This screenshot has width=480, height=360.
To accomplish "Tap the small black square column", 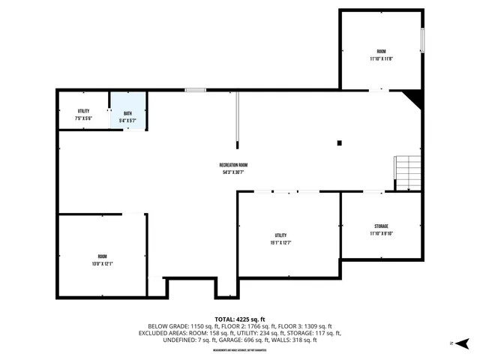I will click(x=340, y=142).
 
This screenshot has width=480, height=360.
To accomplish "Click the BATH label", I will click(x=127, y=113).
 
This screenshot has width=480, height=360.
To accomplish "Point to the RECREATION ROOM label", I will click(x=233, y=165).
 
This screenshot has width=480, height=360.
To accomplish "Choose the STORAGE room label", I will click(x=381, y=226).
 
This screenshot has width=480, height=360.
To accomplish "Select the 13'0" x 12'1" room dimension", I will click(x=102, y=263).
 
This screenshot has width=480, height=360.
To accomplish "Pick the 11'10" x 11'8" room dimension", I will click(x=381, y=58).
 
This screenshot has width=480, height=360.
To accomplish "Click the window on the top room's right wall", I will click(x=422, y=40).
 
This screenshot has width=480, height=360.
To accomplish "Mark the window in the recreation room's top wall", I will click(x=196, y=90).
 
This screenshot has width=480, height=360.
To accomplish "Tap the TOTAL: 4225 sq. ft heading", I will click(x=239, y=319).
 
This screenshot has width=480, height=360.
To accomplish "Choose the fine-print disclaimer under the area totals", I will click(x=239, y=350).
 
